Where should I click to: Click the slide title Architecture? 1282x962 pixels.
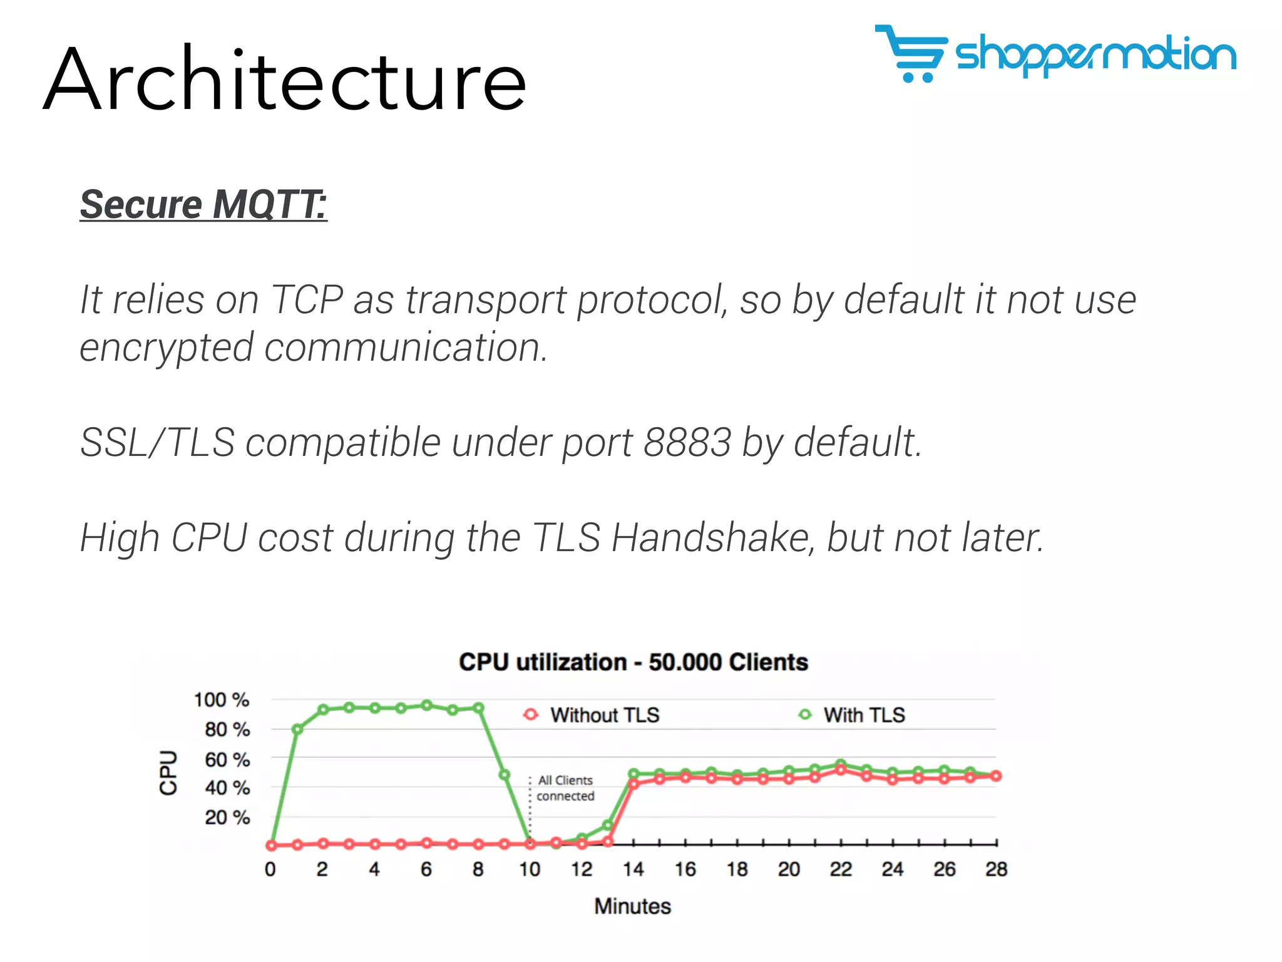click(x=285, y=80)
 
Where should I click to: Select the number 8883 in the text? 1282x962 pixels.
click(x=687, y=442)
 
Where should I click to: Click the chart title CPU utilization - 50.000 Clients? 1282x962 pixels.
click(x=633, y=662)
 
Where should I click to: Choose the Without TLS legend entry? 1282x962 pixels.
click(x=592, y=715)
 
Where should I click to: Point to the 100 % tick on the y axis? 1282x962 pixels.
click(x=221, y=700)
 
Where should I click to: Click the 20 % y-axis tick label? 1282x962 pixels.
click(x=227, y=817)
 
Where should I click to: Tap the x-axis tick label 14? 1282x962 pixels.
click(x=633, y=869)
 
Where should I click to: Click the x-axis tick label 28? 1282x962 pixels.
click(x=996, y=869)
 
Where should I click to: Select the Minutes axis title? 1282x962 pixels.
click(x=632, y=906)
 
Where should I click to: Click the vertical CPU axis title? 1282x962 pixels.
click(x=168, y=772)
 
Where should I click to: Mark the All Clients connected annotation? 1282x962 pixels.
click(x=565, y=788)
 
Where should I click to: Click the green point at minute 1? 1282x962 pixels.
click(x=297, y=729)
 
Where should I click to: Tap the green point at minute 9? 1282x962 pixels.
click(x=505, y=775)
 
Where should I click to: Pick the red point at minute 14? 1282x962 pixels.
click(x=633, y=784)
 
